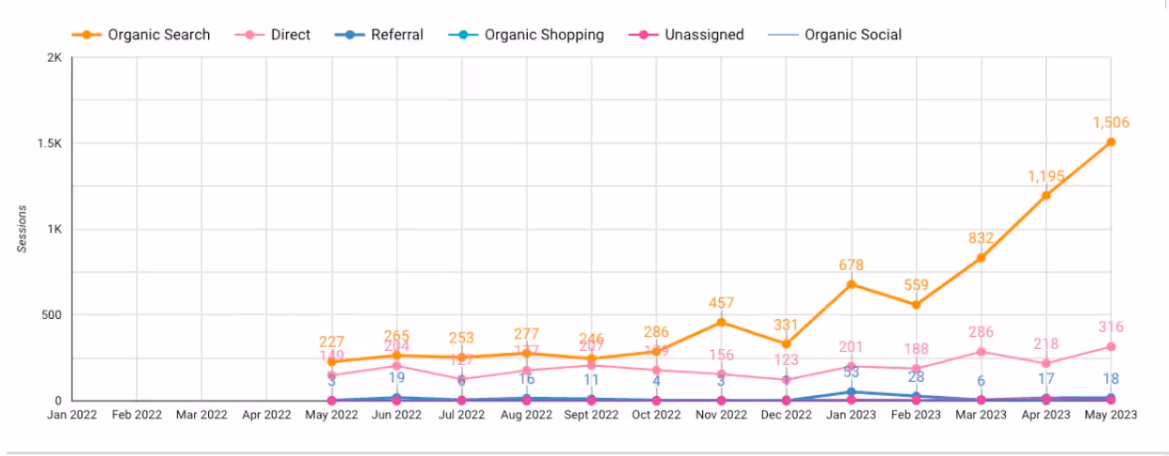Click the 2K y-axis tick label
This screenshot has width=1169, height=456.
pos(53,58)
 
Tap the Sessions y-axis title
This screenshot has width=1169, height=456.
pos(22,229)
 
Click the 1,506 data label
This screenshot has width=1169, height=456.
pos(1111,123)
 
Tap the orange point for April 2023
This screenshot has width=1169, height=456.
pos(1046,195)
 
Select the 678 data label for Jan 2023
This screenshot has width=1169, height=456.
pos(851,266)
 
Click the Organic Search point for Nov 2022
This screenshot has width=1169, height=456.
pos(722,322)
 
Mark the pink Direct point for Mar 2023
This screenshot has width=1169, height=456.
pos(981,352)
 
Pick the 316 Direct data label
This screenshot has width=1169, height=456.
pos(1111,327)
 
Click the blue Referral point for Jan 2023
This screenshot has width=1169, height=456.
pos(851,391)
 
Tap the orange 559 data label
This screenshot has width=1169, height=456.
pos(916,286)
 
